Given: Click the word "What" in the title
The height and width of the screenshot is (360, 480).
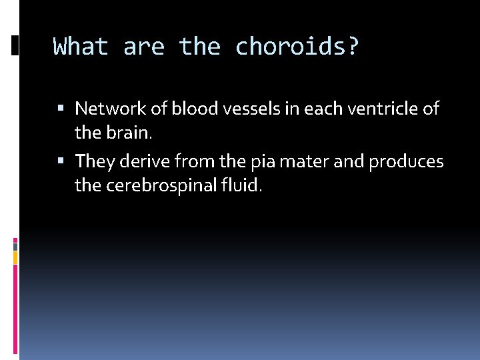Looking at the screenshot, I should tap(80, 47).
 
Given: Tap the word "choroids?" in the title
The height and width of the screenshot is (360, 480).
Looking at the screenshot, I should tap(297, 47).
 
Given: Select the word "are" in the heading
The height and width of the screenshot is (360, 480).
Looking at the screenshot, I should tap(143, 47).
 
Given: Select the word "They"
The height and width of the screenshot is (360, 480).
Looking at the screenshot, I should tap(93, 161).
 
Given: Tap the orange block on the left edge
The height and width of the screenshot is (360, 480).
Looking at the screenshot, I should tap(15, 257).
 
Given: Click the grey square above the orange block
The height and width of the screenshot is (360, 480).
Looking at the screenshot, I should tap(15, 245).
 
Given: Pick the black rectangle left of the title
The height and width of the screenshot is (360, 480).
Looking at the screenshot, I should tap(15, 45).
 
